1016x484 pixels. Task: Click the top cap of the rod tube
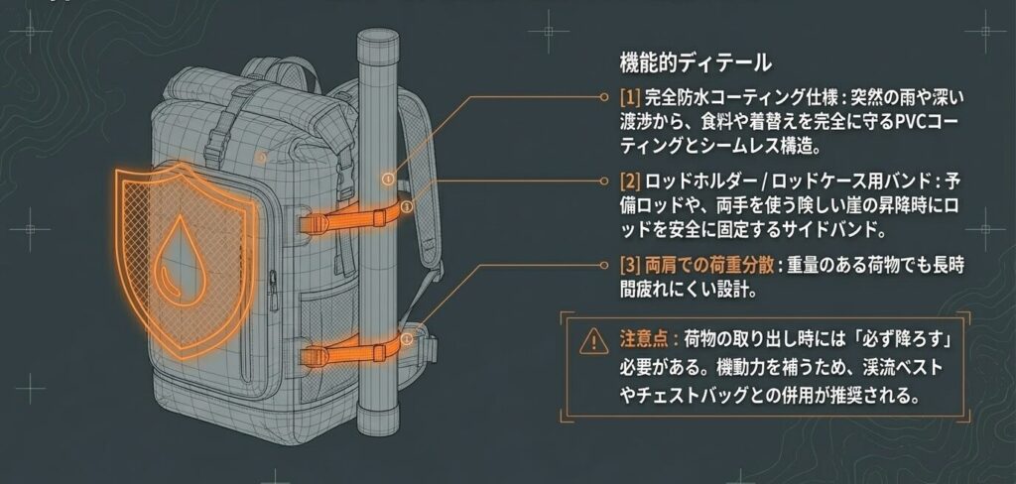coord(380,40)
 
